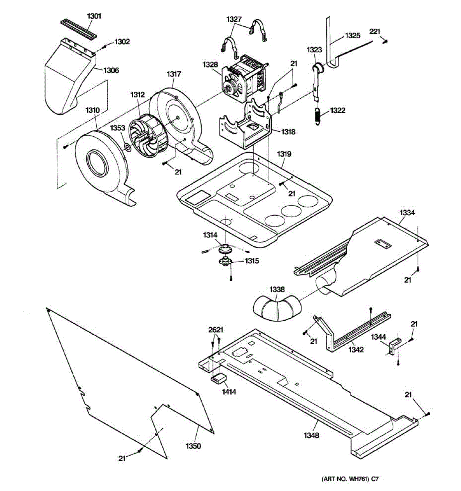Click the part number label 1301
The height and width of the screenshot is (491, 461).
point(94,16)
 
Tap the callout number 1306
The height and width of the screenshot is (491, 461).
point(111,71)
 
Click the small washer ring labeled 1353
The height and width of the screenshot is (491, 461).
point(127,146)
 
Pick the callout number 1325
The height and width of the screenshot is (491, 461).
point(352,36)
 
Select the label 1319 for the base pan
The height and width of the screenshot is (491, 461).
point(284,154)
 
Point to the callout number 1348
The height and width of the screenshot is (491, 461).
point(311,435)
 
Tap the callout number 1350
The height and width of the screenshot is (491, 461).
point(193,446)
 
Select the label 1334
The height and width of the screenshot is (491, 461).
point(407,213)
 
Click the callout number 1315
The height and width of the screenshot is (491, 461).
point(252,261)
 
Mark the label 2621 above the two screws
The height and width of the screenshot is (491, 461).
point(216,330)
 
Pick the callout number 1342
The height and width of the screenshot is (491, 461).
point(356,350)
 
